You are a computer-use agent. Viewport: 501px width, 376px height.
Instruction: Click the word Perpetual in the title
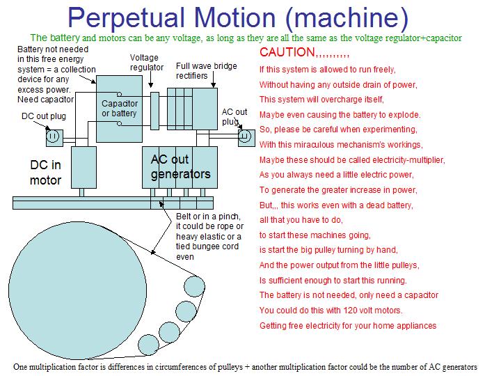click(127, 18)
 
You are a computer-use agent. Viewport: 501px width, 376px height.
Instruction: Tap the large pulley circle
click(78, 290)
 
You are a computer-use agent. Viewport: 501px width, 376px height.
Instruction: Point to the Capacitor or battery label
click(120, 109)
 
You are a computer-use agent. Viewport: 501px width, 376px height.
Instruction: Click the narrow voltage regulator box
click(154, 111)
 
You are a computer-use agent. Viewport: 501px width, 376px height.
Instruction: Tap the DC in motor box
click(83, 167)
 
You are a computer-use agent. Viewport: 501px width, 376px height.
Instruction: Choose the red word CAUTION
click(287, 52)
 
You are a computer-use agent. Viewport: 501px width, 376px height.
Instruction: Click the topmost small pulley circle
click(194, 286)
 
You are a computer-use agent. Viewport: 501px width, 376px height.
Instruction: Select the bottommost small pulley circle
click(149, 345)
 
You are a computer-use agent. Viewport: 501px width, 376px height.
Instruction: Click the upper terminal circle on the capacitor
click(119, 94)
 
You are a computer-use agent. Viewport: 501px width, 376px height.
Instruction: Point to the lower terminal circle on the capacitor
click(119, 123)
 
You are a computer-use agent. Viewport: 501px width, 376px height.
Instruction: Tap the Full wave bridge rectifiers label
click(207, 70)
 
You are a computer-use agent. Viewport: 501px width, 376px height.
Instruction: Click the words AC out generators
click(180, 166)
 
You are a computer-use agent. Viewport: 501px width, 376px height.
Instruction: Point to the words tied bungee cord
click(207, 246)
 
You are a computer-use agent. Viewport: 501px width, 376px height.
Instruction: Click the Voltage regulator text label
click(146, 63)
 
